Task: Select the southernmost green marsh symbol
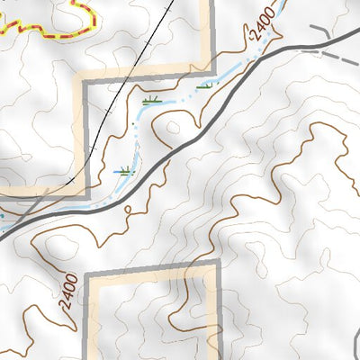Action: click(x=125, y=169)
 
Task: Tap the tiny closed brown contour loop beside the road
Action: click(x=133, y=212)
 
